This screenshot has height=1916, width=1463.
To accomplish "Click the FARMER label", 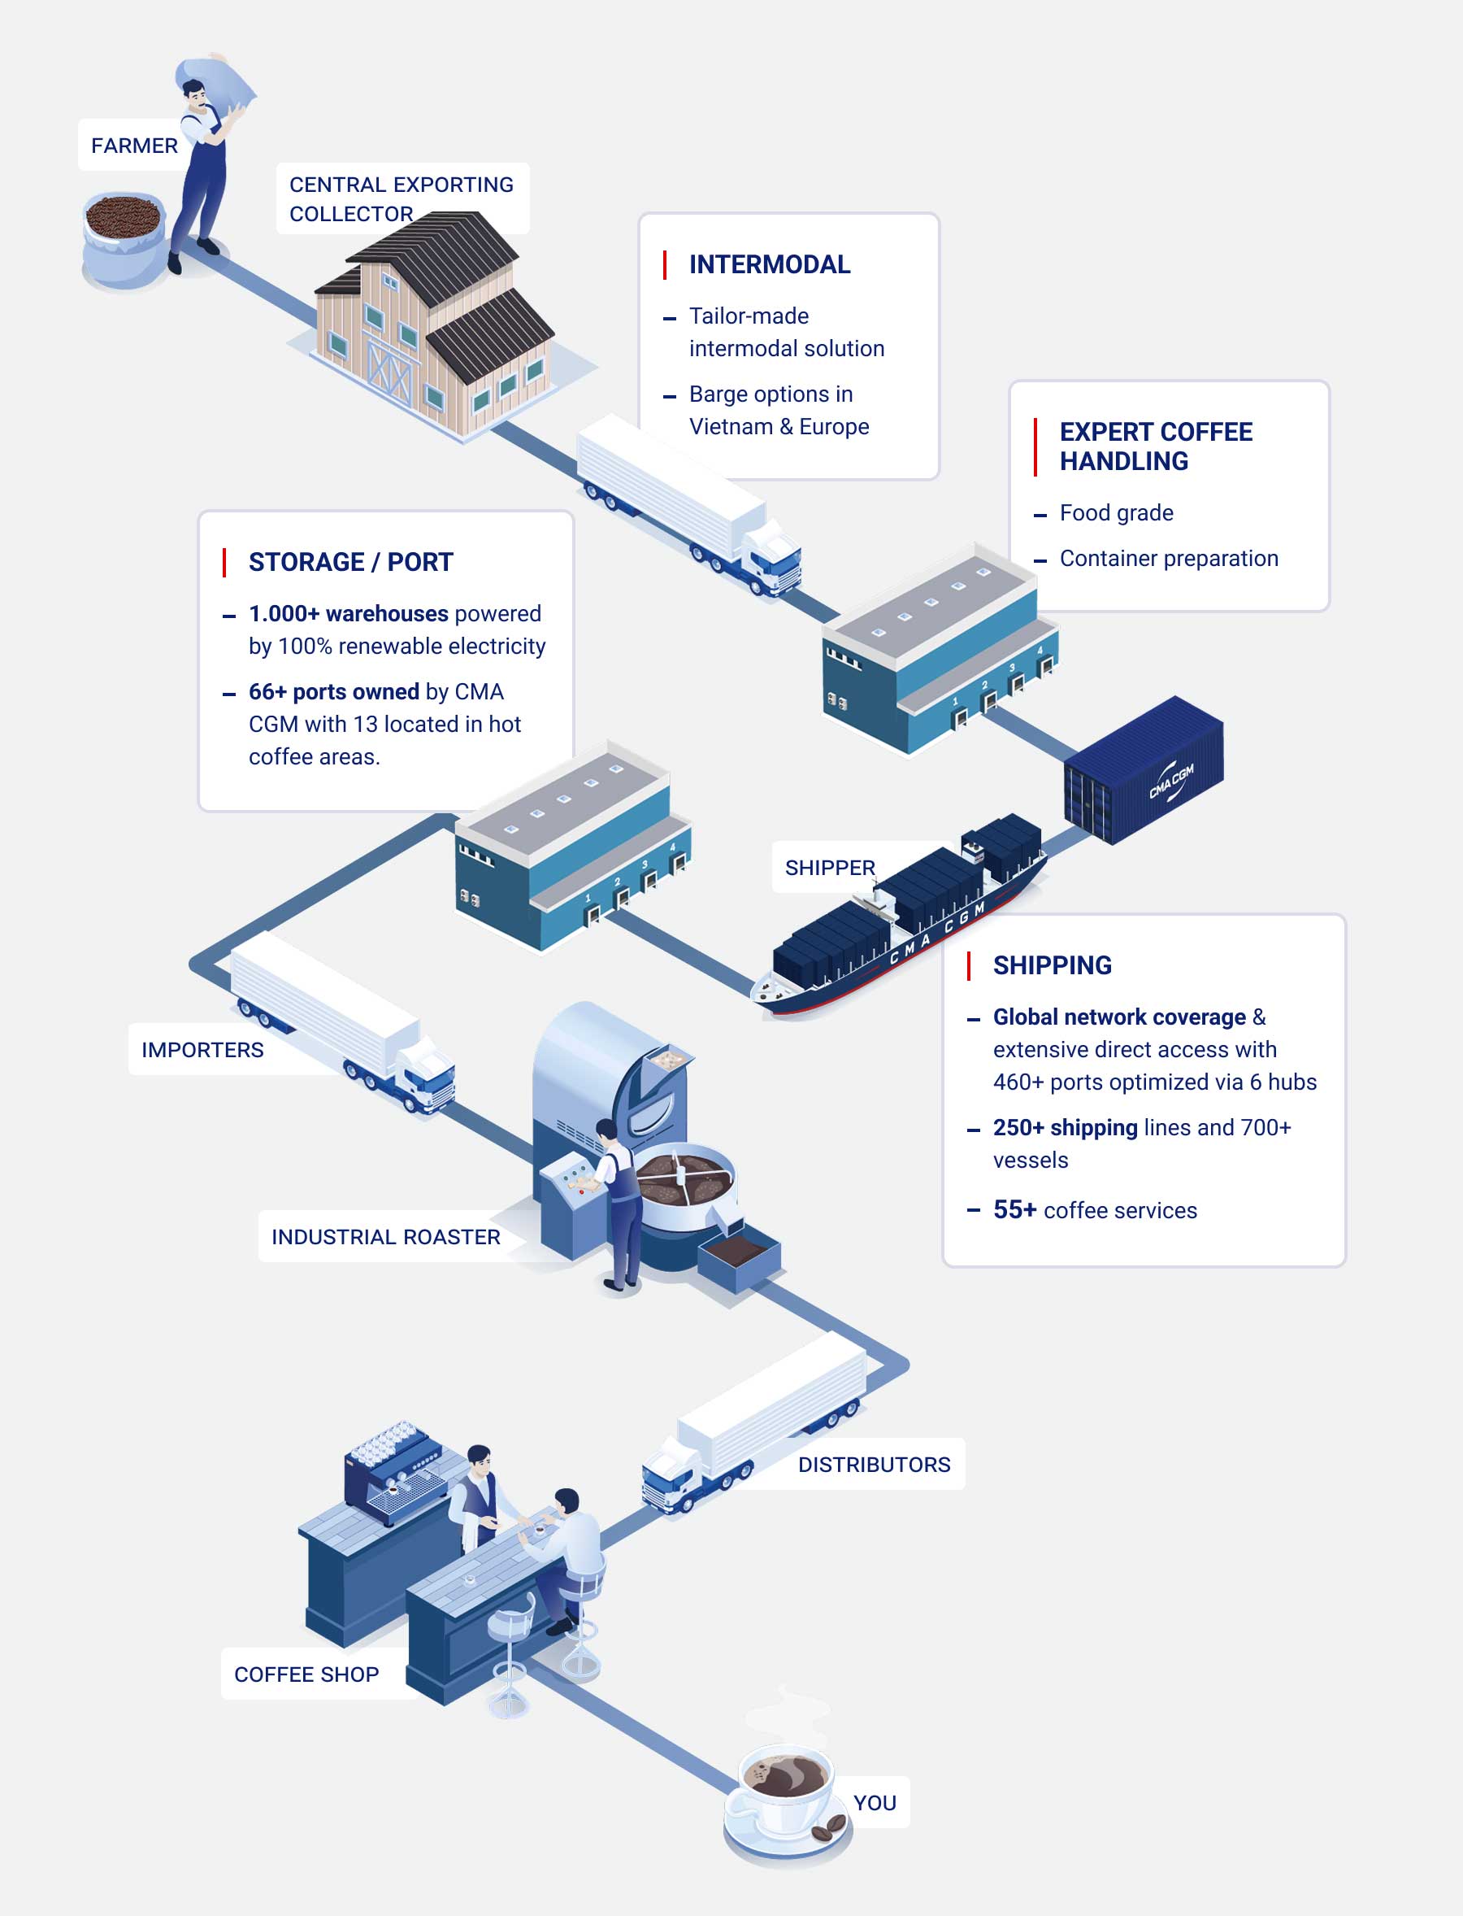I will click(x=134, y=146).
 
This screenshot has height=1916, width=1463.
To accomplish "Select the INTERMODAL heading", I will click(x=769, y=264).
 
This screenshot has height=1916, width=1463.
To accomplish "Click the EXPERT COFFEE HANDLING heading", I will click(x=1156, y=446).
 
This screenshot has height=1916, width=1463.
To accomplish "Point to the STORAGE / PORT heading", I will click(x=351, y=562).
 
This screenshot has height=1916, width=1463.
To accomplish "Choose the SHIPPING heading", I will click(x=1052, y=965).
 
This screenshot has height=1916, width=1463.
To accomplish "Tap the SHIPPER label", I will click(x=829, y=868).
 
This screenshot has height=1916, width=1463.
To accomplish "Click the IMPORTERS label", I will click(x=202, y=1050).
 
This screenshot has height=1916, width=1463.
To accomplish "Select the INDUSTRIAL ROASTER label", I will click(x=386, y=1237).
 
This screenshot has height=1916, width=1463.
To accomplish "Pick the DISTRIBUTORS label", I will click(x=875, y=1465).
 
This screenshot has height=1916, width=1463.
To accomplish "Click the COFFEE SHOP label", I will click(x=306, y=1674).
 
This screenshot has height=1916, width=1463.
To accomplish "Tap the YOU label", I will click(x=875, y=1803).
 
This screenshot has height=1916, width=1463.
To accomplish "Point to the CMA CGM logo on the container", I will click(x=1171, y=782).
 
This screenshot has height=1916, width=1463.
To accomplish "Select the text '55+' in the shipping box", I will click(x=1014, y=1210).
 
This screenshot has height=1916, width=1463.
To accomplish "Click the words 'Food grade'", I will click(x=1117, y=513).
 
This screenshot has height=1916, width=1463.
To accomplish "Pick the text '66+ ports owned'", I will click(x=333, y=692).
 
